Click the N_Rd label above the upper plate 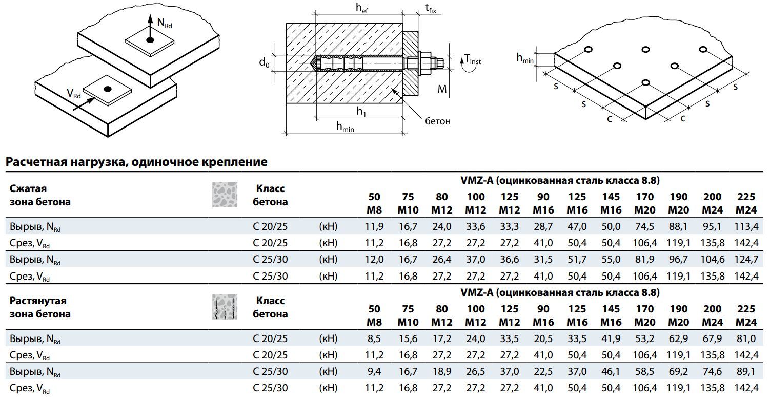pyautogui.click(x=165, y=24)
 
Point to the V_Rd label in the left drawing pyautogui.click(x=74, y=94)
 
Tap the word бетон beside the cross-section pyautogui.click(x=438, y=121)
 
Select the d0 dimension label pyautogui.click(x=264, y=62)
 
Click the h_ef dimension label pyautogui.click(x=361, y=9)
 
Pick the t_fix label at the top pyautogui.click(x=431, y=9)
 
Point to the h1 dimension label pyautogui.click(x=361, y=111)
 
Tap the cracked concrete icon pyautogui.click(x=225, y=307)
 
